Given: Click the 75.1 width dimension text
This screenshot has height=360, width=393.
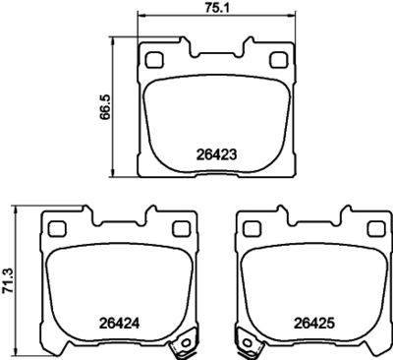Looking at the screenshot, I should [215, 8].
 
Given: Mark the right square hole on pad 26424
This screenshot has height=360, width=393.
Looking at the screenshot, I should [181, 229].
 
